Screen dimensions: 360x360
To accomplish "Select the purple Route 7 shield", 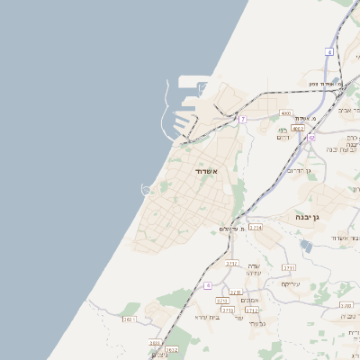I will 243,119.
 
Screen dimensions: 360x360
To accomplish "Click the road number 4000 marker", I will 286,113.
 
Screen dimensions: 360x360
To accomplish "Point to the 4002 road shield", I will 297,129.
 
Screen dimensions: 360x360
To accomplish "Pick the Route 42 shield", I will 312,138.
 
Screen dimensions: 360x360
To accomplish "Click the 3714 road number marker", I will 256,229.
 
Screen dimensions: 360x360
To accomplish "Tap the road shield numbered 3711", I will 289,268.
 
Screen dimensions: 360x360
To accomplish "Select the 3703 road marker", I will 346,305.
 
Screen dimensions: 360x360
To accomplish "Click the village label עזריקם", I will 290,283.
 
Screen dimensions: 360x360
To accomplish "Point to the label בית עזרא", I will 206,318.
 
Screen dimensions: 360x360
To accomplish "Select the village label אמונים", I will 251,300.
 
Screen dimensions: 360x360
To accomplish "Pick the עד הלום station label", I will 232,229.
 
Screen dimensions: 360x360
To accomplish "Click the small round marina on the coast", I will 146,188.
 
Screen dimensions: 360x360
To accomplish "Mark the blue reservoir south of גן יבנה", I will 306,246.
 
